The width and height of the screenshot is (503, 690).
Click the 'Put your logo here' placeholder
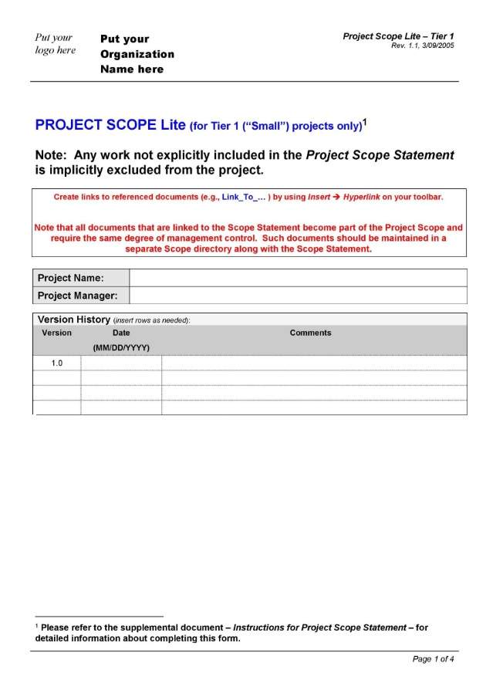(x=55, y=44)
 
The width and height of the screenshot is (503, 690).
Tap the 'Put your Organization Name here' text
(x=137, y=54)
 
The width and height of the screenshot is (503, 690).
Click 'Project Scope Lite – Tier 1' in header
(x=398, y=36)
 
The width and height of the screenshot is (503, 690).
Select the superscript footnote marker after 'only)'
(x=365, y=122)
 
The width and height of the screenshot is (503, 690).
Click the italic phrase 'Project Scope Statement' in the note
(x=380, y=155)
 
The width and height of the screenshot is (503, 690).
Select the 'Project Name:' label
(x=71, y=278)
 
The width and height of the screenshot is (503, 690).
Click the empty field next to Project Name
(x=297, y=278)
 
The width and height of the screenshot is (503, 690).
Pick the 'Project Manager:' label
(x=78, y=296)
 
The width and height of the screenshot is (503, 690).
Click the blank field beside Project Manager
(x=297, y=296)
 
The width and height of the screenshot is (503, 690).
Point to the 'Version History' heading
(x=74, y=320)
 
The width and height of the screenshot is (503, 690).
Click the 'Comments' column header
(x=310, y=333)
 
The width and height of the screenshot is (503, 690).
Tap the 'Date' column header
(x=121, y=333)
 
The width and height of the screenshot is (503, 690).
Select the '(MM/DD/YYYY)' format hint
(x=121, y=348)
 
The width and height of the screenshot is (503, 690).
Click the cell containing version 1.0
(x=57, y=363)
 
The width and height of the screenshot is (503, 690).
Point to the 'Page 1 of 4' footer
(x=434, y=659)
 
